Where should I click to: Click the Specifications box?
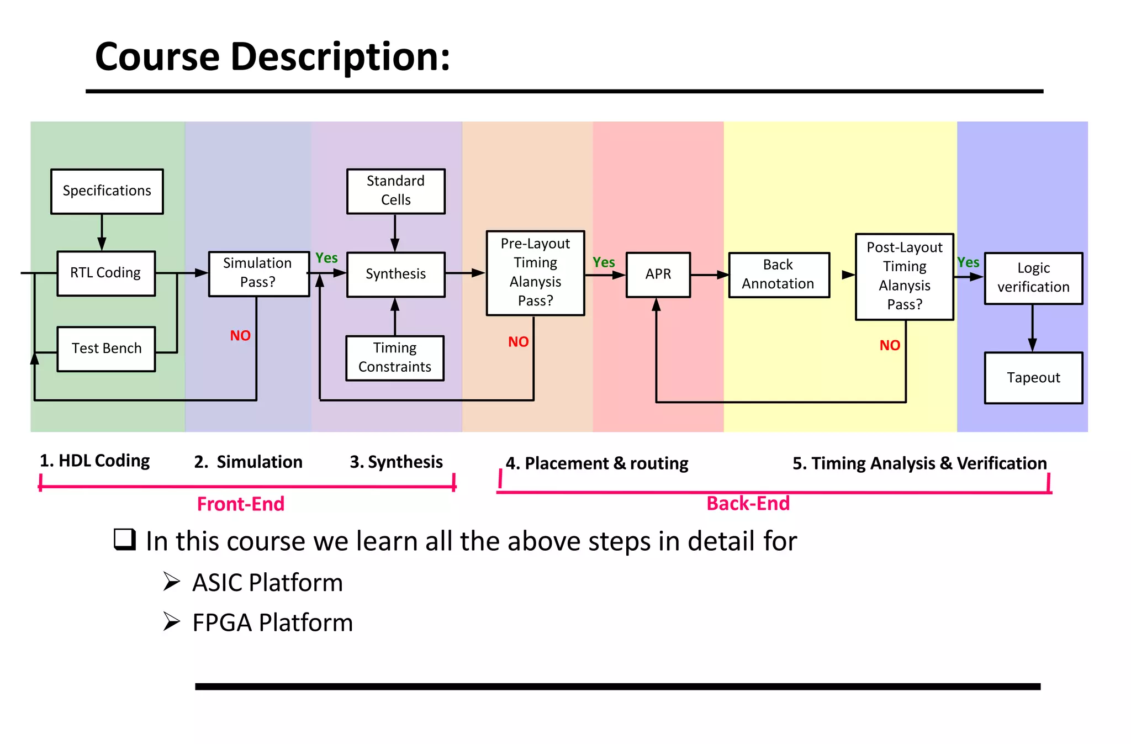(107, 191)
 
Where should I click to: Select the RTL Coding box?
(105, 273)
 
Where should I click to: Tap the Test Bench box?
(106, 349)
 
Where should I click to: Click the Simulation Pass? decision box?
(258, 273)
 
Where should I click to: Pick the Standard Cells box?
(395, 191)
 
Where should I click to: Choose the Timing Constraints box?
(395, 358)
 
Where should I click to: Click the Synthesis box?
(395, 275)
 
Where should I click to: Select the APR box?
(658, 275)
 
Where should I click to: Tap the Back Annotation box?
(778, 275)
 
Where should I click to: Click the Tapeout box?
(1033, 378)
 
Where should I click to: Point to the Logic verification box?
(1033, 278)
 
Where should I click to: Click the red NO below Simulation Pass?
(240, 336)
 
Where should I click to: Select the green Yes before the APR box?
(604, 263)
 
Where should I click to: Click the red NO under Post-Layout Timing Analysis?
(890, 346)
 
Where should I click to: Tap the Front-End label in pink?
(241, 504)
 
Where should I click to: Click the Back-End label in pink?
(748, 504)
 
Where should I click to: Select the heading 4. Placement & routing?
(597, 463)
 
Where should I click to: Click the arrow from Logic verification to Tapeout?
(1032, 329)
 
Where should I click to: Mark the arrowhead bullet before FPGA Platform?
(172, 622)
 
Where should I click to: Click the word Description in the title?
(340, 57)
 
